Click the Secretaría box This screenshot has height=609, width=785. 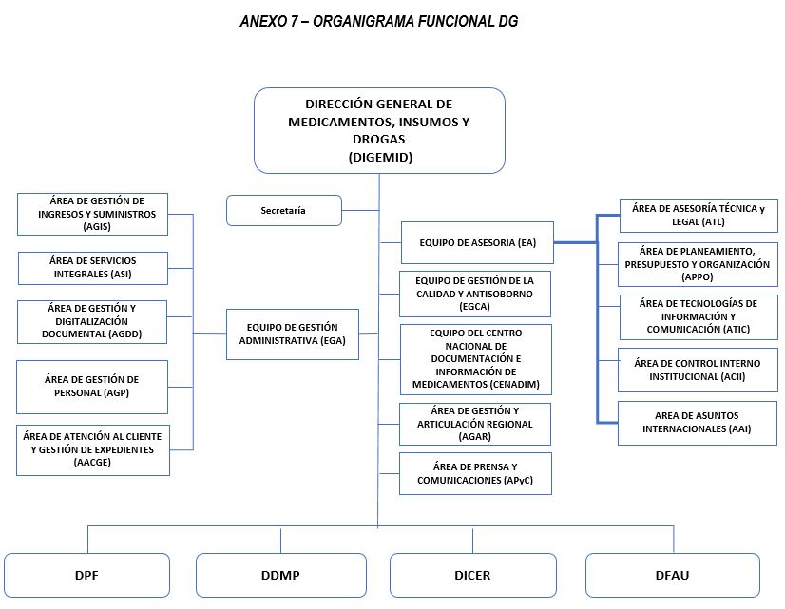pyautogui.click(x=284, y=211)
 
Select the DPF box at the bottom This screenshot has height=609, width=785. pyautogui.click(x=86, y=575)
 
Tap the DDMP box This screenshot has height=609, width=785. pyautogui.click(x=281, y=575)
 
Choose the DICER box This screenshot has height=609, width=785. pyautogui.click(x=472, y=575)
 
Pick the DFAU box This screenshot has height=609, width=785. pyautogui.click(x=672, y=575)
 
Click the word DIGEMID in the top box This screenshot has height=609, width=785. pyautogui.click(x=380, y=157)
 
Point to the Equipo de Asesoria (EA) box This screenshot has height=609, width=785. pyautogui.click(x=477, y=242)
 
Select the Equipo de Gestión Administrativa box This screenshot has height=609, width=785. pyautogui.click(x=293, y=334)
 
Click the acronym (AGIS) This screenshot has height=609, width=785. pyautogui.click(x=97, y=227)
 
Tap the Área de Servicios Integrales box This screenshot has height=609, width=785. pyautogui.click(x=93, y=268)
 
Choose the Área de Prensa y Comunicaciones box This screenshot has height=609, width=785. pyautogui.click(x=475, y=473)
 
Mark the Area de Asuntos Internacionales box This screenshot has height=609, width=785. pyautogui.click(x=698, y=423)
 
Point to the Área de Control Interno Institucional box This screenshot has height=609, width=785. pyautogui.click(x=698, y=370)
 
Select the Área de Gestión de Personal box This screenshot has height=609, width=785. pyautogui.click(x=92, y=387)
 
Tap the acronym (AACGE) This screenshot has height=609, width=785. pyautogui.click(x=92, y=463)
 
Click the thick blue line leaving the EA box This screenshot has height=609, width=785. pyautogui.click(x=576, y=242)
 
